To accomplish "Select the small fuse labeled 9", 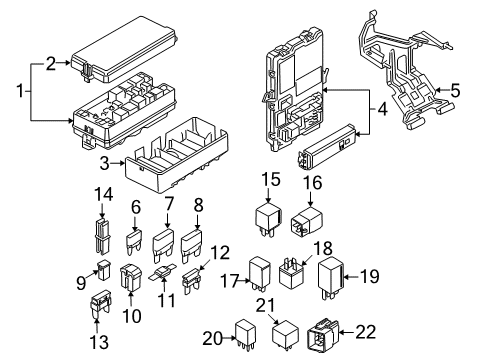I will point(102,269).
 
